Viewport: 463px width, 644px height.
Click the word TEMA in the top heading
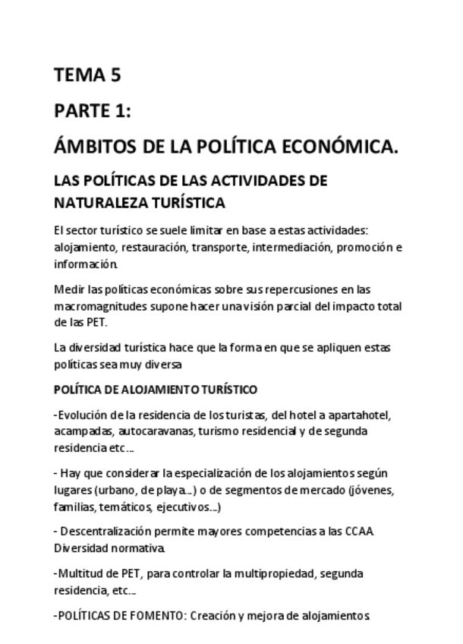pyautogui.click(x=77, y=75)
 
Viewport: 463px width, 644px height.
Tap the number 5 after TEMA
pyautogui.click(x=115, y=75)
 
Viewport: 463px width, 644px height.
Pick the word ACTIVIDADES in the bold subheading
pyautogui.click(x=247, y=182)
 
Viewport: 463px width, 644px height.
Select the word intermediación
pyautogui.click(x=294, y=248)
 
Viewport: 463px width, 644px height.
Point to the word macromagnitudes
pyautogui.click(x=101, y=307)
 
